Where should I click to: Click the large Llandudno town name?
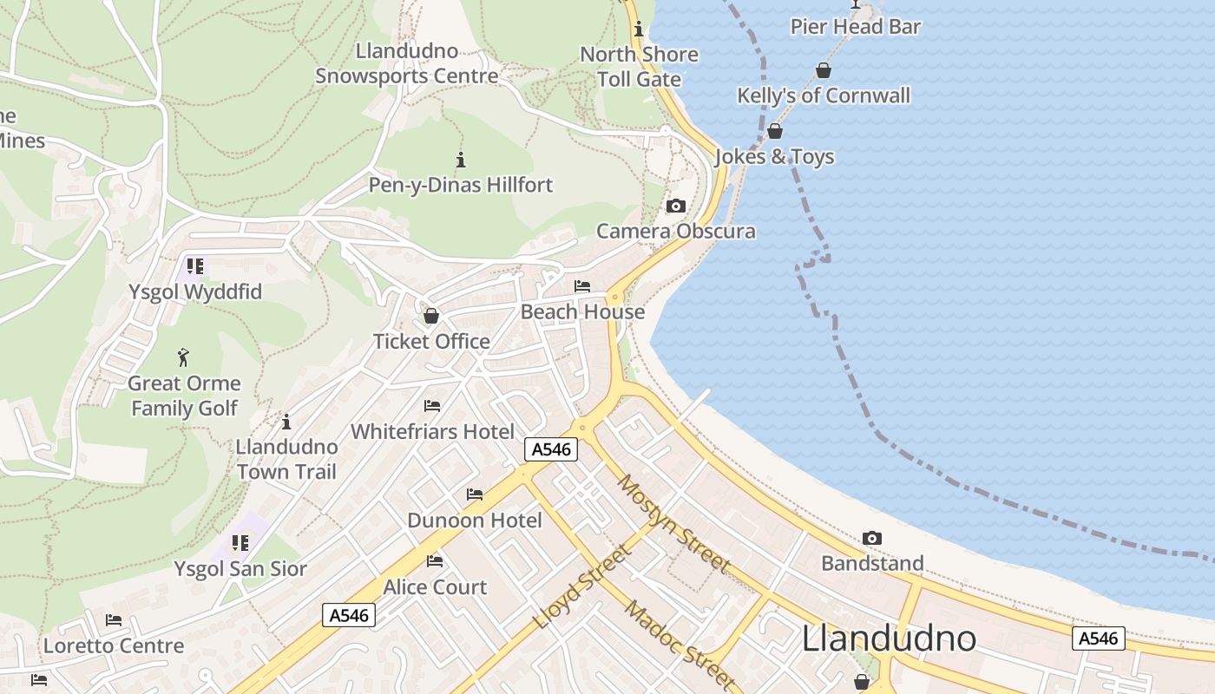[x=889, y=638]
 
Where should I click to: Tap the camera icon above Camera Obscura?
[x=675, y=206]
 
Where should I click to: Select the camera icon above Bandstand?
[x=872, y=539]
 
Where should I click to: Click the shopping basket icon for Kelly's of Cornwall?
[x=823, y=70]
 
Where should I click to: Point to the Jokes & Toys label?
[x=774, y=157]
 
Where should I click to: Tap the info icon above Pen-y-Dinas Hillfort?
[x=461, y=160]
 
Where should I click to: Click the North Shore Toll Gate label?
[x=639, y=67]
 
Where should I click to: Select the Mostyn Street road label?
[x=674, y=523]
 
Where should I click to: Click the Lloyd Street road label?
[x=583, y=586]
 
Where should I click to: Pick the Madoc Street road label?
[x=680, y=645]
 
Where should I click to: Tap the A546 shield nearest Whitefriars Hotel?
[x=551, y=449]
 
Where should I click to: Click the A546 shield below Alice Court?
[x=349, y=615]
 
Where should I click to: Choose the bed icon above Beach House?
[x=582, y=286]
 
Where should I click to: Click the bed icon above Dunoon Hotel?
[x=475, y=494]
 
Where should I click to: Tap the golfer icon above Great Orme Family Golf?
[x=183, y=357]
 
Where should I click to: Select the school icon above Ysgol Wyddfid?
[x=195, y=266]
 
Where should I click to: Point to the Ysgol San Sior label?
[x=240, y=569]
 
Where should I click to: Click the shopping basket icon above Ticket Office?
[x=431, y=316]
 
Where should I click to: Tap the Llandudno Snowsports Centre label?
[x=407, y=63]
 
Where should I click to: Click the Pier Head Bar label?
[x=855, y=27]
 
